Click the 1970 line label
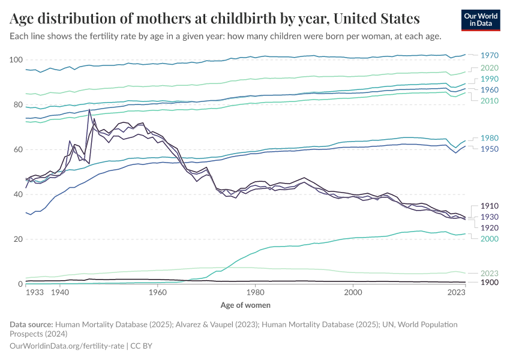[489, 55]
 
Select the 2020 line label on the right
[489, 68]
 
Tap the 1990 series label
[489, 79]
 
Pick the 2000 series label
[489, 238]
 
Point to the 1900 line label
[489, 282]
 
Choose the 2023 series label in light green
[489, 273]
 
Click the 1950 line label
[489, 148]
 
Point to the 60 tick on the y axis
[18, 149]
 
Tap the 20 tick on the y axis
[18, 239]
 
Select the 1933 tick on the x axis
[34, 292]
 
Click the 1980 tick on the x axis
[256, 292]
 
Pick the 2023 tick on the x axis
[457, 292]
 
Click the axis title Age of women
[245, 305]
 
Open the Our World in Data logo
[481, 20]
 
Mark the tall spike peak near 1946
[89, 110]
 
